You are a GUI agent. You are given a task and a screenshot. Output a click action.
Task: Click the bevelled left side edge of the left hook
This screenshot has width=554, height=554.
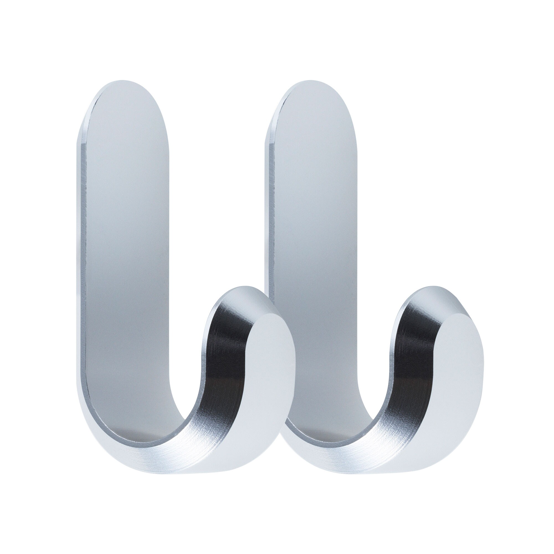pyautogui.click(x=81, y=258)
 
